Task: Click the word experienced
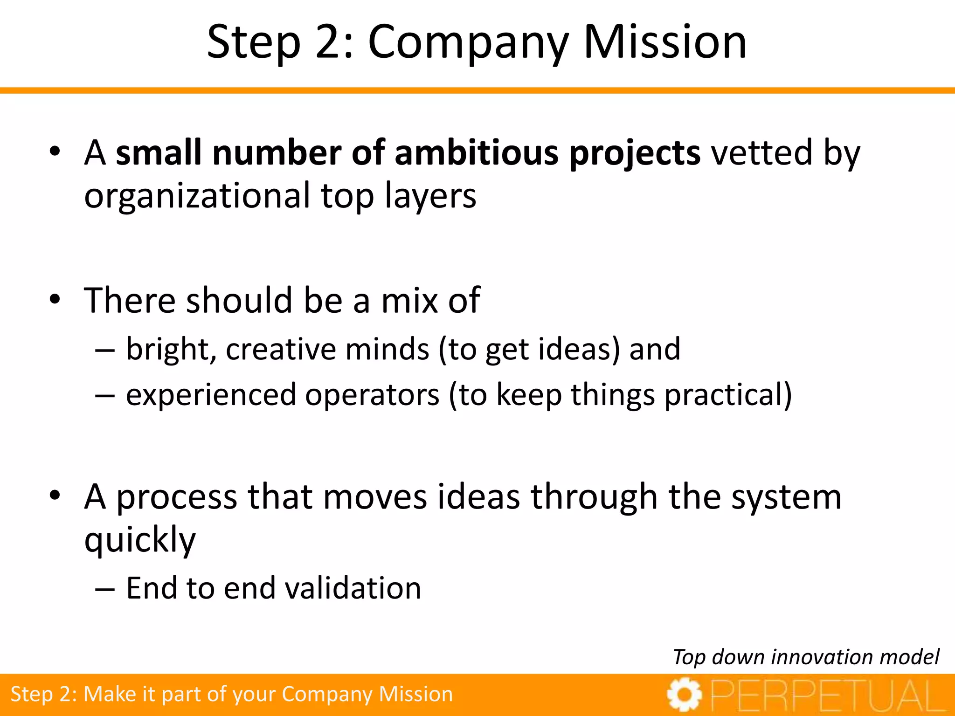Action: [x=211, y=395]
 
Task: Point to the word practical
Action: [x=728, y=395]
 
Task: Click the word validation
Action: [x=353, y=588]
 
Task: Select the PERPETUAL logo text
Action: [x=828, y=696]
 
